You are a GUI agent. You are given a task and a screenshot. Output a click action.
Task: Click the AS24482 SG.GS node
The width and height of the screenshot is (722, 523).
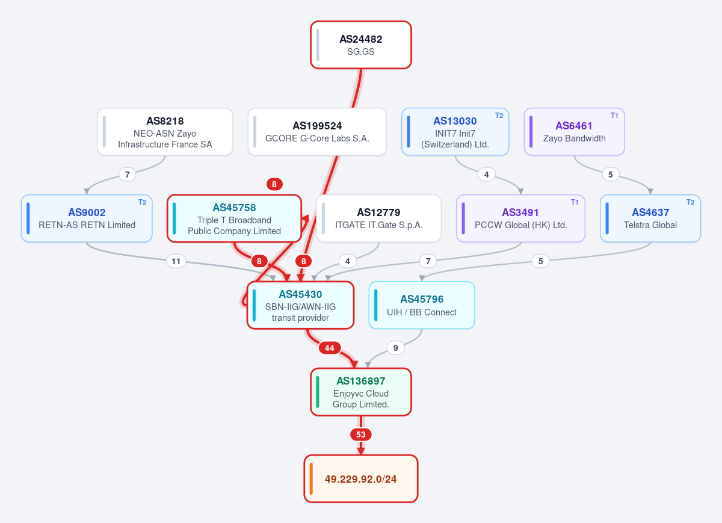point(360,45)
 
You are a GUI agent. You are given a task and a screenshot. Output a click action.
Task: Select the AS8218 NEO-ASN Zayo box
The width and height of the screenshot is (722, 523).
point(165,132)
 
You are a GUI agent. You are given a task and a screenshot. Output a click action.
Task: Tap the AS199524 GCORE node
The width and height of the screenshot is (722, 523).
point(317,132)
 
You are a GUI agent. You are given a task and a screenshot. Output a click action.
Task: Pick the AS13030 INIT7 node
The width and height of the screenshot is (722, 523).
point(455,132)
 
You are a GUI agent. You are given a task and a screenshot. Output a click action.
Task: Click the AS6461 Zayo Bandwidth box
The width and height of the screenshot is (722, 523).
point(575,132)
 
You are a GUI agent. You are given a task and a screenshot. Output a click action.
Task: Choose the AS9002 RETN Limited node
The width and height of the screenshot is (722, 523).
point(87,218)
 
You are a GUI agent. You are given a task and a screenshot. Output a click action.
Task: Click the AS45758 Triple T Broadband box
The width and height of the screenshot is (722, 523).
point(234,218)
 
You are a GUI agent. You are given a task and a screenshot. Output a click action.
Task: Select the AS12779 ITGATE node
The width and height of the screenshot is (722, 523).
point(378,218)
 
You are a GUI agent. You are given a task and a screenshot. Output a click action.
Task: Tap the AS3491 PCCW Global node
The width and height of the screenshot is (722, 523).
point(520,218)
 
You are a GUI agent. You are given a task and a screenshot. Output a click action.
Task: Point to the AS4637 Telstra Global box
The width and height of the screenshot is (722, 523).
point(650,218)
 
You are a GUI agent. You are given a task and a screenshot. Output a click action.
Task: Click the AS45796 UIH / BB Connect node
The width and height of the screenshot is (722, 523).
point(422,305)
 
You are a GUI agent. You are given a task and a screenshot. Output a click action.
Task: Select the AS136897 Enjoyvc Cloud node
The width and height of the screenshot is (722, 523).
point(360,392)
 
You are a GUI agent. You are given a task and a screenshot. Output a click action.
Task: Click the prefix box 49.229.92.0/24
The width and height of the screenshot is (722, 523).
point(360,478)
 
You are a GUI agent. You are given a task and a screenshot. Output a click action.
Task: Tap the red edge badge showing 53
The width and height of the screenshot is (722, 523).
point(360,435)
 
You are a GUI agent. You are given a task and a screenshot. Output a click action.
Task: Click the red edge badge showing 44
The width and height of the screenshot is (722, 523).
point(330,348)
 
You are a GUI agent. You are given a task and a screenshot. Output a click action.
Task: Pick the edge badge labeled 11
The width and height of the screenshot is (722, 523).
point(176,261)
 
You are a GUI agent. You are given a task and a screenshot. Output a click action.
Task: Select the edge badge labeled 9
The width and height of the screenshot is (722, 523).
point(395,348)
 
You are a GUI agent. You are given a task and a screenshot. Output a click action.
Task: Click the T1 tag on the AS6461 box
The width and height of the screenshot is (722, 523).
point(614,116)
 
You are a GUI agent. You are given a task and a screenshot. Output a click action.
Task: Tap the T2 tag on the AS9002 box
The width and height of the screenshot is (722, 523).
point(142,202)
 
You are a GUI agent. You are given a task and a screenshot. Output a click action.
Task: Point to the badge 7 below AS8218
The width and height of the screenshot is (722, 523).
point(128,175)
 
